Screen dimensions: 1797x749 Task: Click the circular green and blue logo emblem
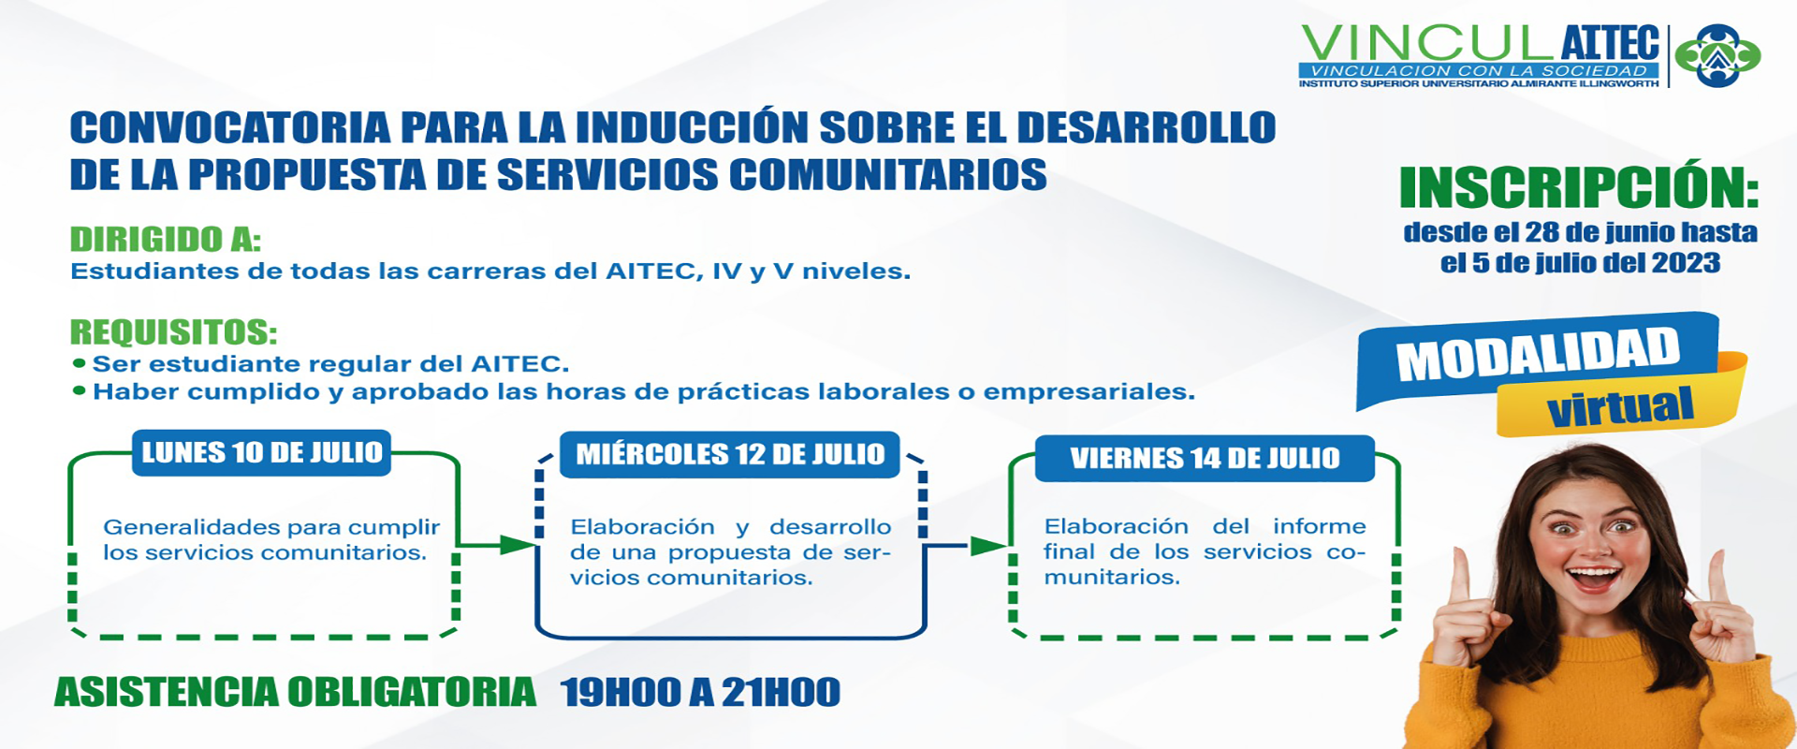coord(1717,55)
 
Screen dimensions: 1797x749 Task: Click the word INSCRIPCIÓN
coord(1579,187)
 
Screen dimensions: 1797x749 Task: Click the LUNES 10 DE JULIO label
coord(262,453)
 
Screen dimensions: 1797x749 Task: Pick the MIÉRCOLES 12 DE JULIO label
coord(730,455)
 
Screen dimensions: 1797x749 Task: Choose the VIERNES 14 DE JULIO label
coord(1205,459)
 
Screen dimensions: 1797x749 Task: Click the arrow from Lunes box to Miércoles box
coord(496,545)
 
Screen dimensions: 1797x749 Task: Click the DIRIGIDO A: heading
coord(166,240)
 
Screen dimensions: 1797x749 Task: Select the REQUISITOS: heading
coord(174,332)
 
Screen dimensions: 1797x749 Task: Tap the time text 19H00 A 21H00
coord(700,693)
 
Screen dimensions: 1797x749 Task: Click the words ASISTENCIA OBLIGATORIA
coord(295,693)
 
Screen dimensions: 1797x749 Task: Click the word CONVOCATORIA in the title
coord(230,128)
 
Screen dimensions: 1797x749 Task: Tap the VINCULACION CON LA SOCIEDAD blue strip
coord(1479,71)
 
